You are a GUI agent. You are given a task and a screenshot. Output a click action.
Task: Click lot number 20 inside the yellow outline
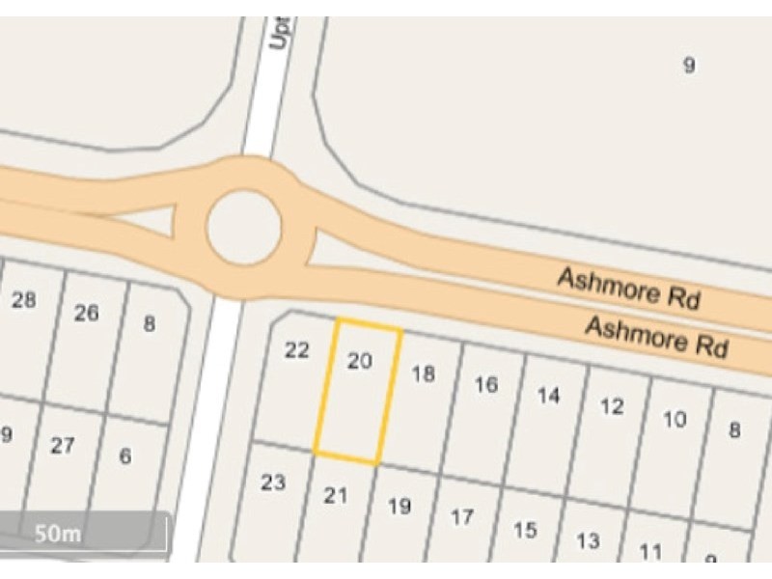pos(359,361)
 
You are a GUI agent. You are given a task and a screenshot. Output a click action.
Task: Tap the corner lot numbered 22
pos(297,350)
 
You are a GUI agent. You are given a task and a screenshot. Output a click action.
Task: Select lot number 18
pos(423,373)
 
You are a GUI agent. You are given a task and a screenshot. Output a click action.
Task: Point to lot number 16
pos(485,385)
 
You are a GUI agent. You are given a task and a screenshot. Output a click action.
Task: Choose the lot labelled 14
pos(548,396)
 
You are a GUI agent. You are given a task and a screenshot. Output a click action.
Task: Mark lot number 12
pos(612,406)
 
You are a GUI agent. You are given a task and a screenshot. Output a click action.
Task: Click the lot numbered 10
pos(675,419)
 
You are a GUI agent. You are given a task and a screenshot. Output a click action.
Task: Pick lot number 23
pos(273,482)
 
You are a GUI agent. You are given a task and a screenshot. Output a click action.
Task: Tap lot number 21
pos(335,496)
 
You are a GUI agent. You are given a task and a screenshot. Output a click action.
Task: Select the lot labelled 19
pos(399,506)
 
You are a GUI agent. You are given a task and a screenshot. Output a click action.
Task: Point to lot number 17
pos(462,517)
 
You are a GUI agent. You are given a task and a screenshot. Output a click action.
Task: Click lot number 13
pos(588,540)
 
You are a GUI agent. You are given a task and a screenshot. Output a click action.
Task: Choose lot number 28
pos(23,300)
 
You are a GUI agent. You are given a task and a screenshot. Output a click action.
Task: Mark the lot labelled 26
pos(86,313)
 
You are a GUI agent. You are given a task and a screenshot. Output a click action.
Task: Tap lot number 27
pos(63,446)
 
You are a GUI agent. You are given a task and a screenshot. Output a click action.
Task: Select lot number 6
pos(125,456)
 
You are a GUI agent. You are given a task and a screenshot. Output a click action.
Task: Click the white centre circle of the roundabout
pos(243,229)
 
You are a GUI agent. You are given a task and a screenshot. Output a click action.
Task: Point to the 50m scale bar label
pos(58,533)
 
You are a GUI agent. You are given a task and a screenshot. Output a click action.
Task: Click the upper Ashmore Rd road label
pos(627,289)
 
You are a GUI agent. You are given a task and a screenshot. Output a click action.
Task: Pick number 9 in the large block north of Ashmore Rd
pos(688,66)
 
